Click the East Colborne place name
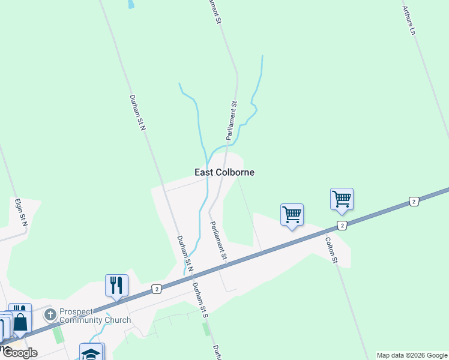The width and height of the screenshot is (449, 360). tap(224, 172)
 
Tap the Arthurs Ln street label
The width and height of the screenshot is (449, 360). tap(409, 20)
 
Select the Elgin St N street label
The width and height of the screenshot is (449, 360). tap(22, 214)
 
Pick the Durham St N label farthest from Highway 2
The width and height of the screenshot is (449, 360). tap(137, 112)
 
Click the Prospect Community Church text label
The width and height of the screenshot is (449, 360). tap(95, 316)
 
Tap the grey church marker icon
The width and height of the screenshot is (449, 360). tap(50, 314)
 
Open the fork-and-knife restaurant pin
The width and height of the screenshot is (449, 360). tap(116, 284)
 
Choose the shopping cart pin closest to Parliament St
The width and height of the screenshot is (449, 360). tap(292, 214)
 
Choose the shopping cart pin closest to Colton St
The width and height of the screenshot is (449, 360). tap(342, 199)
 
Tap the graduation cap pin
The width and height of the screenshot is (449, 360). tap(91, 353)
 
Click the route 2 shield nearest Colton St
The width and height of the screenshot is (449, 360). tap(342, 225)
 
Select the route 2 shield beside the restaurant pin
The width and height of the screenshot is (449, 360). tap(155, 289)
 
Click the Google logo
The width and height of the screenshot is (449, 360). tap(19, 353)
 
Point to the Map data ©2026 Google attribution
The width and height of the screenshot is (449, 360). tap(411, 355)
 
